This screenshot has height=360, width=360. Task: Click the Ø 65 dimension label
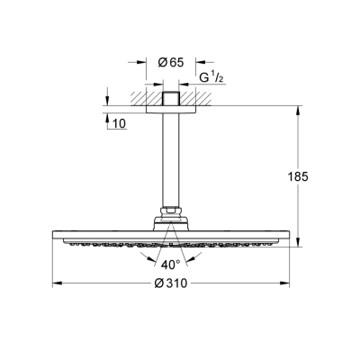pos(171,62)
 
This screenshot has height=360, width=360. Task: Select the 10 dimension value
pos(119,122)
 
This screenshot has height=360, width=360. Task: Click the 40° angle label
pos(171,264)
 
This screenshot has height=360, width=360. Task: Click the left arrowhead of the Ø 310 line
pos(56,284)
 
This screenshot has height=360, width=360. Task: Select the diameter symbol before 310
pos(158,284)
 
